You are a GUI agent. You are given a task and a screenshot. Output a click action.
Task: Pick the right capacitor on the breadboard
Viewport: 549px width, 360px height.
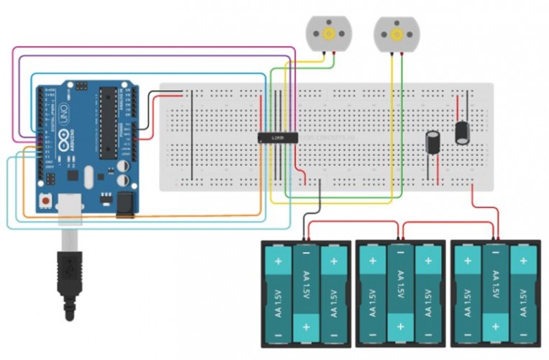click(x=463, y=132)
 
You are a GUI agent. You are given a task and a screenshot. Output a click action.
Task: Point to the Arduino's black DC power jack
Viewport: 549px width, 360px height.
click(x=126, y=204)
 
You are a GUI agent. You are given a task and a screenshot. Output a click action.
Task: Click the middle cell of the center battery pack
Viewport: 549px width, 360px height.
click(x=399, y=293)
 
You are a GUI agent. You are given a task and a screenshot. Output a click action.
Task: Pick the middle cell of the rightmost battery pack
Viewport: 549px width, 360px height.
click(x=494, y=293)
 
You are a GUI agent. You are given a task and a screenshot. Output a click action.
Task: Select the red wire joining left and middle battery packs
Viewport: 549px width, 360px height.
click(x=353, y=222)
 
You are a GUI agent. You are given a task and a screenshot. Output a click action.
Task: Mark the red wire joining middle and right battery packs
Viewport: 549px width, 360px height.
click(x=448, y=222)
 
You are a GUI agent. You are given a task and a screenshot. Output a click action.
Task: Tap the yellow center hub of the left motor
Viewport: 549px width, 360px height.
click(x=328, y=33)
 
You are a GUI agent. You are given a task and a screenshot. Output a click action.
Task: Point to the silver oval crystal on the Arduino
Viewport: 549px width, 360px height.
click(x=89, y=176)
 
